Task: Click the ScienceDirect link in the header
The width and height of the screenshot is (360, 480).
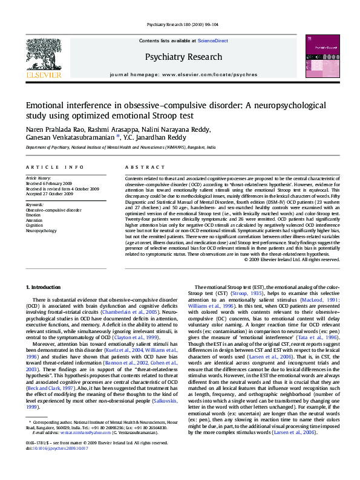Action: tap(212, 40)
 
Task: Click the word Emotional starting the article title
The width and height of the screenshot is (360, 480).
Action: tap(48, 105)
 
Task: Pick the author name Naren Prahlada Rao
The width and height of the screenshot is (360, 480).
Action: tap(57, 129)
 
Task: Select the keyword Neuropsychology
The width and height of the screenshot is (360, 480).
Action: tap(42, 231)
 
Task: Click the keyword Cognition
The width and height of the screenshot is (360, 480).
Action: tap(34, 225)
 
